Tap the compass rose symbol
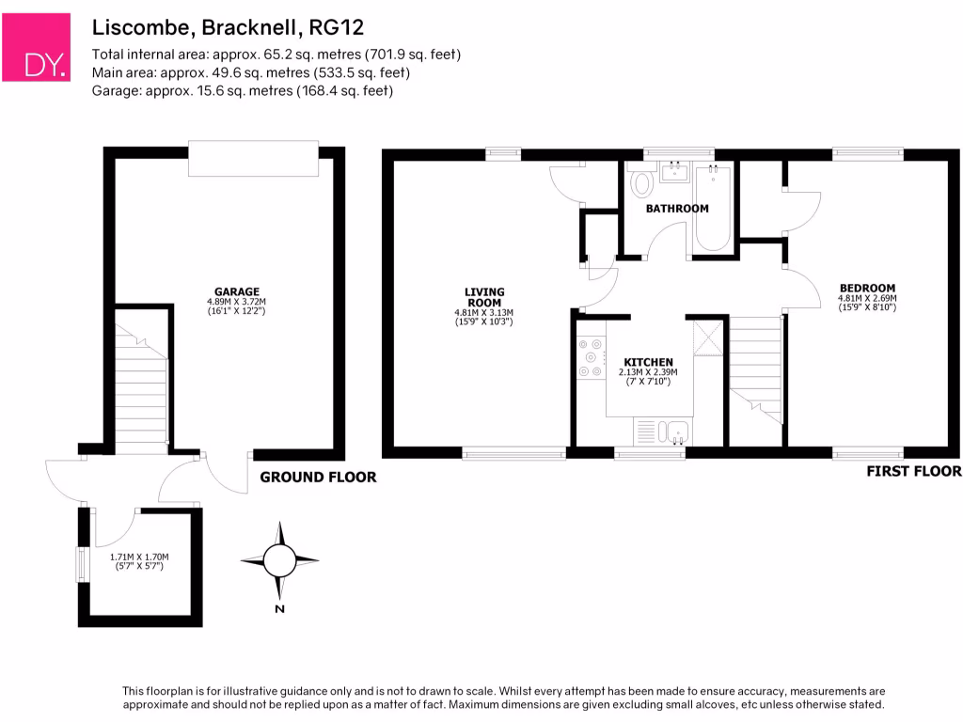[278, 562]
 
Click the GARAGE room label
[237, 291]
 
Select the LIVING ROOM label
[484, 297]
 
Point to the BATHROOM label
[676, 208]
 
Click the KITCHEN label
[649, 362]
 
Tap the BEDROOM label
[867, 288]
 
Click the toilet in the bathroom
[643, 181]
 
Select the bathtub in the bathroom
[713, 207]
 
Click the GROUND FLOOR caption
[318, 478]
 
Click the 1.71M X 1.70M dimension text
[139, 557]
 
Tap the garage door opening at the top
[253, 158]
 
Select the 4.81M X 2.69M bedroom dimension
[867, 299]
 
